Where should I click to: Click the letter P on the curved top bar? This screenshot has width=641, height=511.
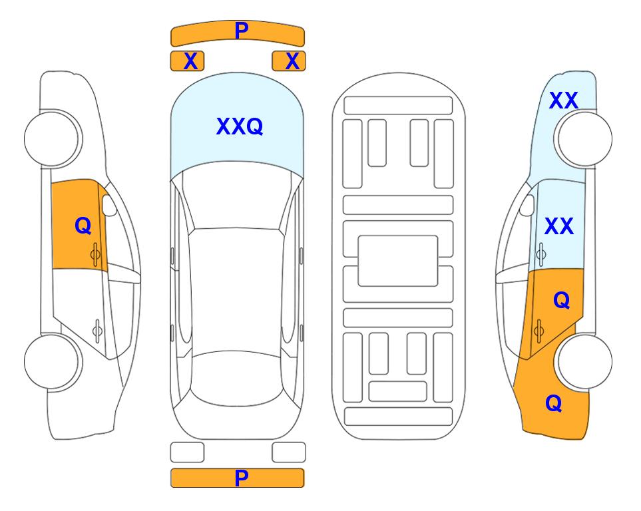pyautogui.click(x=242, y=30)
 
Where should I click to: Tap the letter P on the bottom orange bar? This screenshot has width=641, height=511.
pyautogui.click(x=241, y=478)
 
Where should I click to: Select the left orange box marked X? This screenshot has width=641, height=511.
pyautogui.click(x=187, y=61)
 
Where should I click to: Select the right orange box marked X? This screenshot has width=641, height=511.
pyautogui.click(x=289, y=61)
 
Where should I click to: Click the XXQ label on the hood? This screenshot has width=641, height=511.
pyautogui.click(x=240, y=126)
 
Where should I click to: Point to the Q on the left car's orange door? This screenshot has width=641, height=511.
pyautogui.click(x=83, y=226)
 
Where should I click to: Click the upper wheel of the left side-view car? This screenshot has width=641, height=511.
pyautogui.click(x=52, y=139)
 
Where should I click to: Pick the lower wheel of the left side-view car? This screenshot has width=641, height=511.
pyautogui.click(x=52, y=361)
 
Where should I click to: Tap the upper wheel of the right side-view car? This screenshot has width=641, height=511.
pyautogui.click(x=584, y=139)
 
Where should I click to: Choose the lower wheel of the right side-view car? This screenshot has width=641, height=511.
pyautogui.click(x=584, y=361)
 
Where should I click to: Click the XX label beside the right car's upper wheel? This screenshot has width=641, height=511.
pyautogui.click(x=563, y=100)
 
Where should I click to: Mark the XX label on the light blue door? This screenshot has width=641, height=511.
pyautogui.click(x=559, y=226)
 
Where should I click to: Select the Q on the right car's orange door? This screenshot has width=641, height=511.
pyautogui.click(x=562, y=301)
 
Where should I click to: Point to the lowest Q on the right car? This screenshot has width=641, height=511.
pyautogui.click(x=554, y=403)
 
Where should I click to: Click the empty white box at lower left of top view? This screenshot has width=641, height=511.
pyautogui.click(x=187, y=452)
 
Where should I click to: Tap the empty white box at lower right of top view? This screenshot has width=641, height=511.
pyautogui.click(x=289, y=452)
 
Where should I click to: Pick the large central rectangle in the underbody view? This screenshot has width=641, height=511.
pyautogui.click(x=398, y=261)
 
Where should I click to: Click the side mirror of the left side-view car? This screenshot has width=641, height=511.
pyautogui.click(x=109, y=205)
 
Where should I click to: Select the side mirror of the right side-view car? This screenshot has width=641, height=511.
pyautogui.click(x=527, y=205)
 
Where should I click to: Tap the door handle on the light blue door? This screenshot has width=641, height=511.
pyautogui.click(x=540, y=254)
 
